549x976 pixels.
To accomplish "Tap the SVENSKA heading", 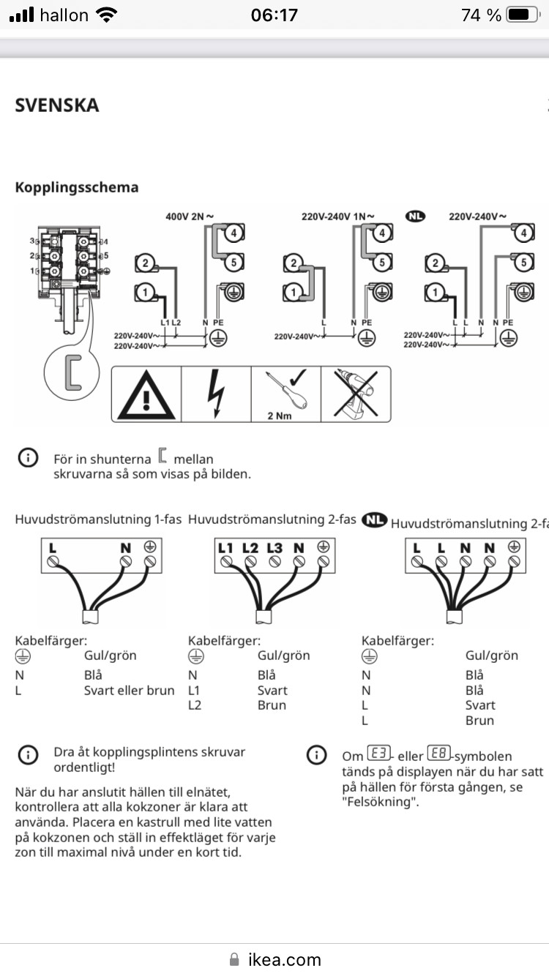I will [x=57, y=105].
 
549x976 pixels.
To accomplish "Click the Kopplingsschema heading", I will [x=77, y=187].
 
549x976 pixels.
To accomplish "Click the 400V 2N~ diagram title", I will [x=190, y=217].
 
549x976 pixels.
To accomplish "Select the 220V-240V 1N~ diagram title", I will [x=337, y=217].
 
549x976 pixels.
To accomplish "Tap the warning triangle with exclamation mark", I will [x=146, y=396].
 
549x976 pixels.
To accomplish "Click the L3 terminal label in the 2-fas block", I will [x=274, y=547].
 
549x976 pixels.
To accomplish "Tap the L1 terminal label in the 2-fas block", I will [x=225, y=547].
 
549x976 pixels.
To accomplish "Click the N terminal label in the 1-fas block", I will [x=125, y=547].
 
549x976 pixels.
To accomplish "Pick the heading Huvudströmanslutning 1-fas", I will [x=98, y=519].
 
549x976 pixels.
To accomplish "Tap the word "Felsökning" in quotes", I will [x=378, y=802].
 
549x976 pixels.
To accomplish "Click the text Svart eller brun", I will [x=130, y=691].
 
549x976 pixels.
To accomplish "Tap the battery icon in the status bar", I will [x=522, y=15].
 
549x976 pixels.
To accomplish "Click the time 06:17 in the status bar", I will [x=274, y=15].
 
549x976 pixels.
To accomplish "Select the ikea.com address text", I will [x=284, y=959].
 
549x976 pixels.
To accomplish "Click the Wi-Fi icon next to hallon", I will [x=107, y=15].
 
